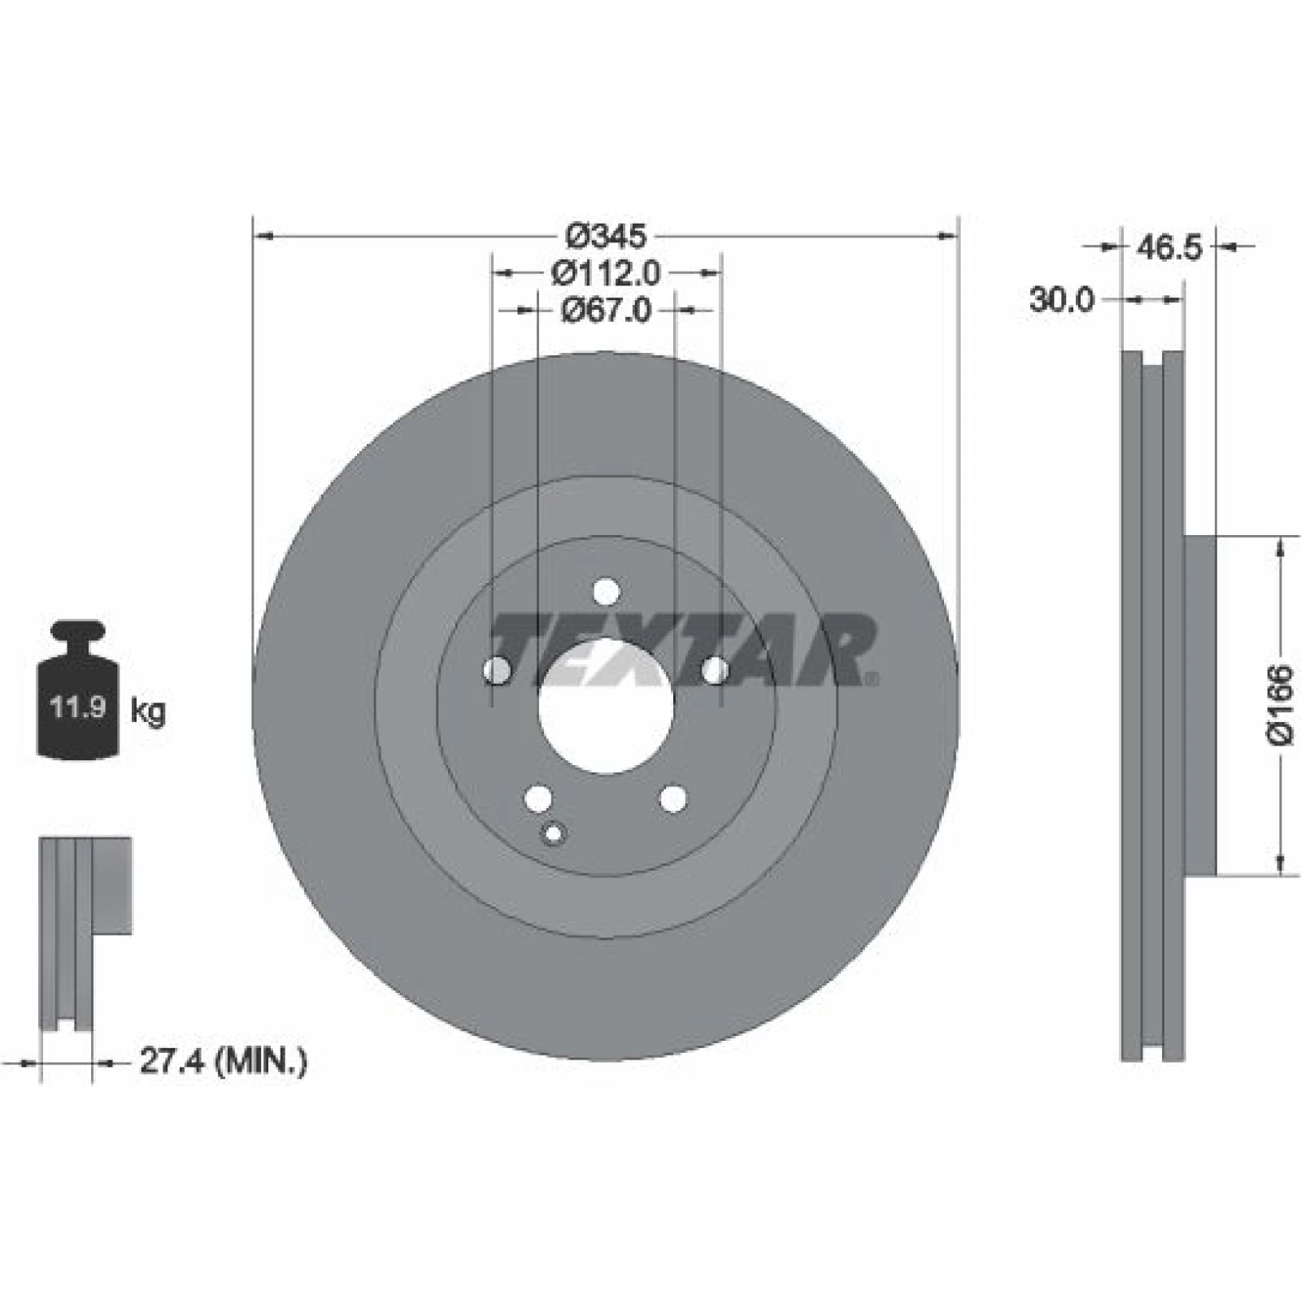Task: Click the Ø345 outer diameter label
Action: tap(606, 237)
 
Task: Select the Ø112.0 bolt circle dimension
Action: tap(606, 273)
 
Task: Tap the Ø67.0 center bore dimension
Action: tap(606, 310)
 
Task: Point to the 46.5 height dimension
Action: tap(1168, 247)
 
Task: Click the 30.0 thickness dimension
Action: tap(1062, 300)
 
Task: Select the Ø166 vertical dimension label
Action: tap(1279, 705)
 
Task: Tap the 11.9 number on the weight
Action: tap(78, 707)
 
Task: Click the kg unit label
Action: tap(148, 711)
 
